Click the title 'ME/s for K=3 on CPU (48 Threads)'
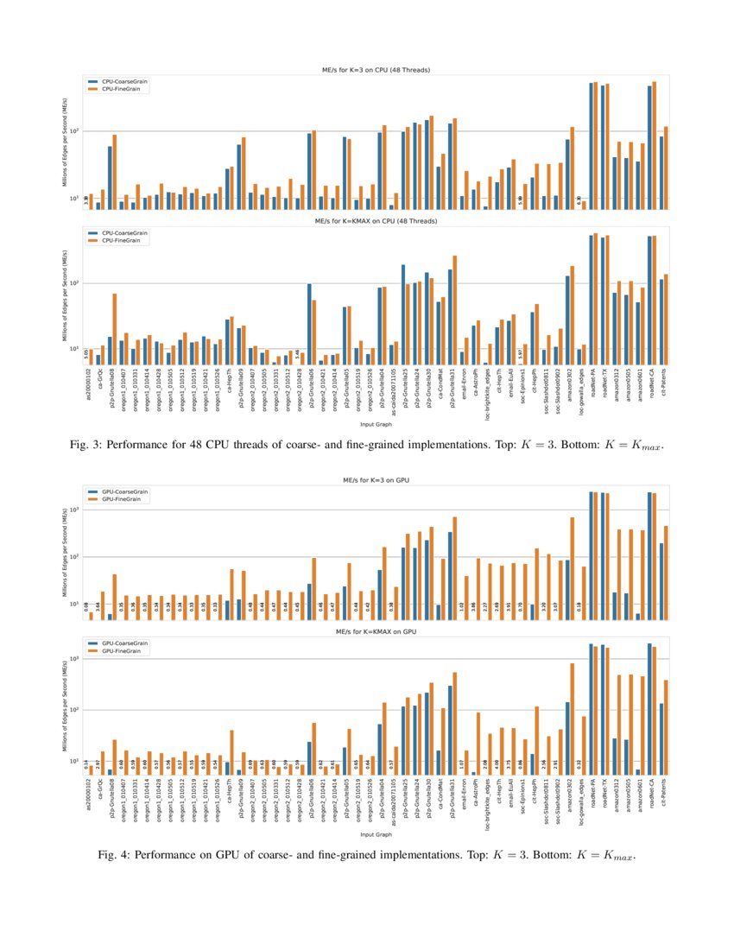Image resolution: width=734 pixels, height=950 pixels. [375, 69]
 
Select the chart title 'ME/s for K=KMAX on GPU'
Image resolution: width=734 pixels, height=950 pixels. [375, 632]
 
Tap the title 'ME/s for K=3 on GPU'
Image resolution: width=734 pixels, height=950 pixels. [375, 480]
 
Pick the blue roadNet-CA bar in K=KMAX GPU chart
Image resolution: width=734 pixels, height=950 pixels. [649, 708]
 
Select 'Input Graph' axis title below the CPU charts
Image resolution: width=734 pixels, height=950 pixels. [375, 425]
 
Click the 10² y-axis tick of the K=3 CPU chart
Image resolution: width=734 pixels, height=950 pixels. [74, 131]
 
